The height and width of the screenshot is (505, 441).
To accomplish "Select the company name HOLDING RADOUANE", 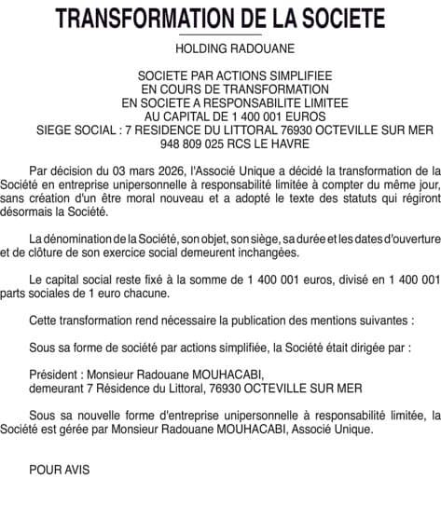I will point(220,48).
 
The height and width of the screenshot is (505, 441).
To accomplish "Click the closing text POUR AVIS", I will point(60,470).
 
